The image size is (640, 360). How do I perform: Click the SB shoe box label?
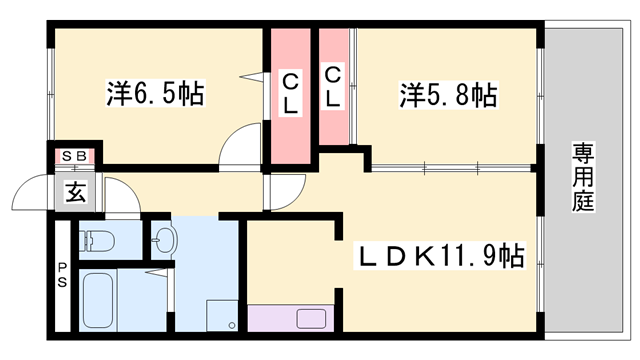[74, 155]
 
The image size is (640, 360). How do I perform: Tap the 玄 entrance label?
[76, 192]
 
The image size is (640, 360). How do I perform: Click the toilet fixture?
[99, 241]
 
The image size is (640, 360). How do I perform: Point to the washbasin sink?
[164, 241]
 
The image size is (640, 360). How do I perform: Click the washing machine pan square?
[222, 314]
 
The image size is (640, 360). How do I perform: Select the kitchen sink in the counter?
[311, 320]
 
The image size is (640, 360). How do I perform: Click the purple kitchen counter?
[290, 320]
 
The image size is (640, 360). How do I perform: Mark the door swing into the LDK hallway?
[284, 187]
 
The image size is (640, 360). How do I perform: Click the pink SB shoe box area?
[75, 155]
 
